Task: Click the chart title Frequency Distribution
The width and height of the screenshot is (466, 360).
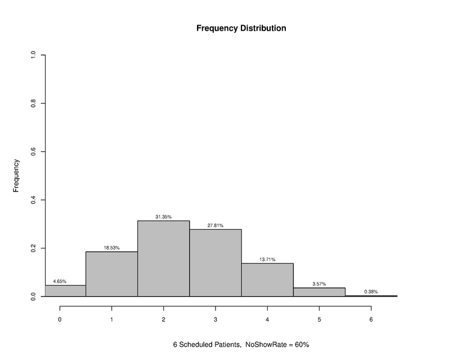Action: (241, 28)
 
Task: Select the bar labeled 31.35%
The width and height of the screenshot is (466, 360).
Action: (163, 258)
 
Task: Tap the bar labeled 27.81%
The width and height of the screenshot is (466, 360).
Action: (215, 263)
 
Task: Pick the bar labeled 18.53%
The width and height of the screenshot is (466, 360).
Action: (112, 274)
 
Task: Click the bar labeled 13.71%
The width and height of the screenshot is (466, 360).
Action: (267, 280)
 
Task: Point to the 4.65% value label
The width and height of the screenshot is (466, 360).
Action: (59, 281)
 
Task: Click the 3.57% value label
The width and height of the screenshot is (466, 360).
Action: (319, 284)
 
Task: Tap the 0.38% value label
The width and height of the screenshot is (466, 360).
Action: (371, 292)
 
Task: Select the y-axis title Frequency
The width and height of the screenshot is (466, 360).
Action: (16, 175)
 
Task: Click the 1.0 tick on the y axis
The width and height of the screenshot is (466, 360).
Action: (33, 55)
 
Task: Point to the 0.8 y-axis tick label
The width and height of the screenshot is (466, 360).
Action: (33, 103)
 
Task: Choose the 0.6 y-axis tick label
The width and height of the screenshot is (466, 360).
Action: (33, 152)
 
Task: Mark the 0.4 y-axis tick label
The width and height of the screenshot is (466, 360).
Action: (33, 200)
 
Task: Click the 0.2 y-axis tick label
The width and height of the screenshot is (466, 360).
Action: (33, 248)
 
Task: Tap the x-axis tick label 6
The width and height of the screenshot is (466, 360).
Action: (371, 320)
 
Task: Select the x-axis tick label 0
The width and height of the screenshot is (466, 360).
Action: (59, 320)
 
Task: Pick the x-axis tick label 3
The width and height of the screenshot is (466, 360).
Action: (215, 320)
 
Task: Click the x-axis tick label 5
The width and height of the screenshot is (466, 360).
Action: (319, 320)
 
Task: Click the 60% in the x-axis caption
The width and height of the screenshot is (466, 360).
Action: (301, 345)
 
